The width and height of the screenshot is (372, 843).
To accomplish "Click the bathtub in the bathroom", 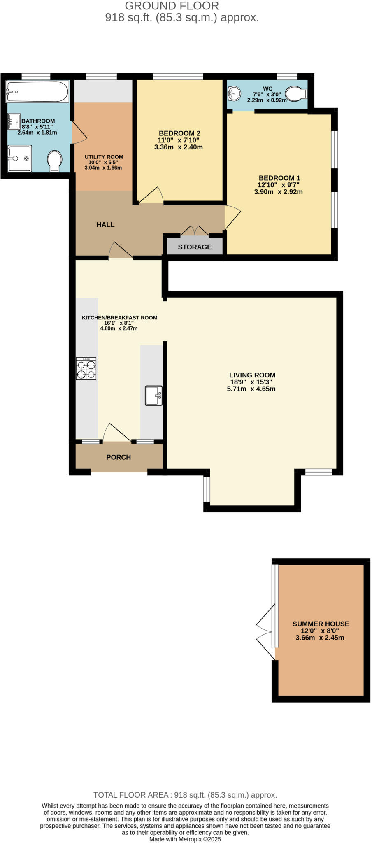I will pyautogui.click(x=37, y=91).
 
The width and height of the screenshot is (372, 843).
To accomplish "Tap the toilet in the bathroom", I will pyautogui.click(x=55, y=161).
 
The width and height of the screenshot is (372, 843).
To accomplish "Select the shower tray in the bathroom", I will pyautogui.click(x=19, y=158).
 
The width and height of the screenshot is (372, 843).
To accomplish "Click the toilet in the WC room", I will pyautogui.click(x=296, y=93).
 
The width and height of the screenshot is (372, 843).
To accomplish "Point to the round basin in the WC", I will pyautogui.click(x=234, y=93).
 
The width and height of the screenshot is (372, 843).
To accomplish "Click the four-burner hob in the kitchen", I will pyautogui.click(x=86, y=368).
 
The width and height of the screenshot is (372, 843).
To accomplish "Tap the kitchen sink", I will pyautogui.click(x=153, y=396).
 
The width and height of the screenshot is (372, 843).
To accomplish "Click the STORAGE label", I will pyautogui.click(x=195, y=247).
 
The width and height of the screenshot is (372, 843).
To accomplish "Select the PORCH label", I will pyautogui.click(x=119, y=457).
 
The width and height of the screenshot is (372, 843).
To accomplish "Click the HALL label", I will pyautogui.click(x=105, y=225).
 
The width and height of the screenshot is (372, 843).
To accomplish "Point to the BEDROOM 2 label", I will pyautogui.click(x=179, y=133).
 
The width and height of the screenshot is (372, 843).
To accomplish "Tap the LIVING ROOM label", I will pyautogui.click(x=252, y=375).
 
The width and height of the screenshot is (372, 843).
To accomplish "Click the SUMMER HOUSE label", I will pyautogui.click(x=321, y=624).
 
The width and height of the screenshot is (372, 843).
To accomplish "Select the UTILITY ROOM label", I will pyautogui.click(x=104, y=157).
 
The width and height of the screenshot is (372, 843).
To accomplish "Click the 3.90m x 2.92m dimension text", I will pyautogui.click(x=279, y=192).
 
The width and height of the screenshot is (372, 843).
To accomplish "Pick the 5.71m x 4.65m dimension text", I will pyautogui.click(x=251, y=389).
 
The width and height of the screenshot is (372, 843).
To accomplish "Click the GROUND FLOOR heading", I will pyautogui.click(x=172, y=6).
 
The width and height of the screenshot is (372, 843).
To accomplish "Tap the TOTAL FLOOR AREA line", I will pyautogui.click(x=185, y=795).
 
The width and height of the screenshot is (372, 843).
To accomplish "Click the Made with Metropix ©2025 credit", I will pyautogui.click(x=185, y=839).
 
